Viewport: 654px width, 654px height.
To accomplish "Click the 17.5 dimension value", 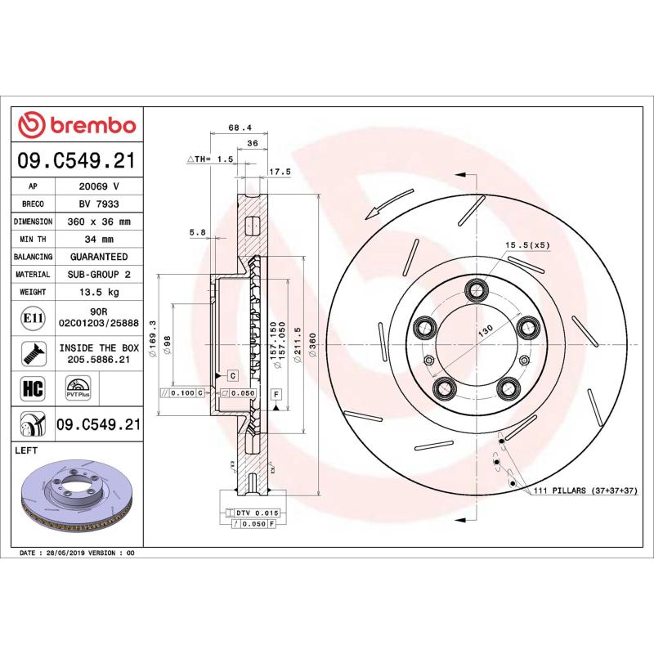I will tap(280, 172).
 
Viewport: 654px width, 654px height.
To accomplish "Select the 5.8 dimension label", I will tap(197, 232).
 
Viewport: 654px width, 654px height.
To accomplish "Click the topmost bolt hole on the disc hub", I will tap(475, 289).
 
